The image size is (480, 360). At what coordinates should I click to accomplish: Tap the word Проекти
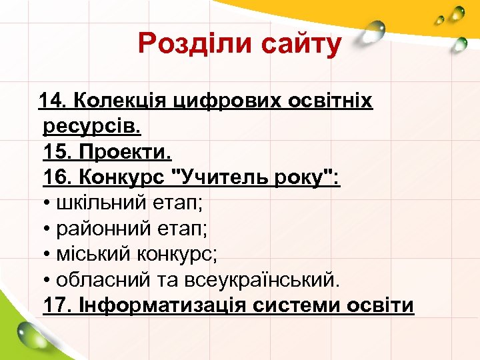(125, 153)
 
